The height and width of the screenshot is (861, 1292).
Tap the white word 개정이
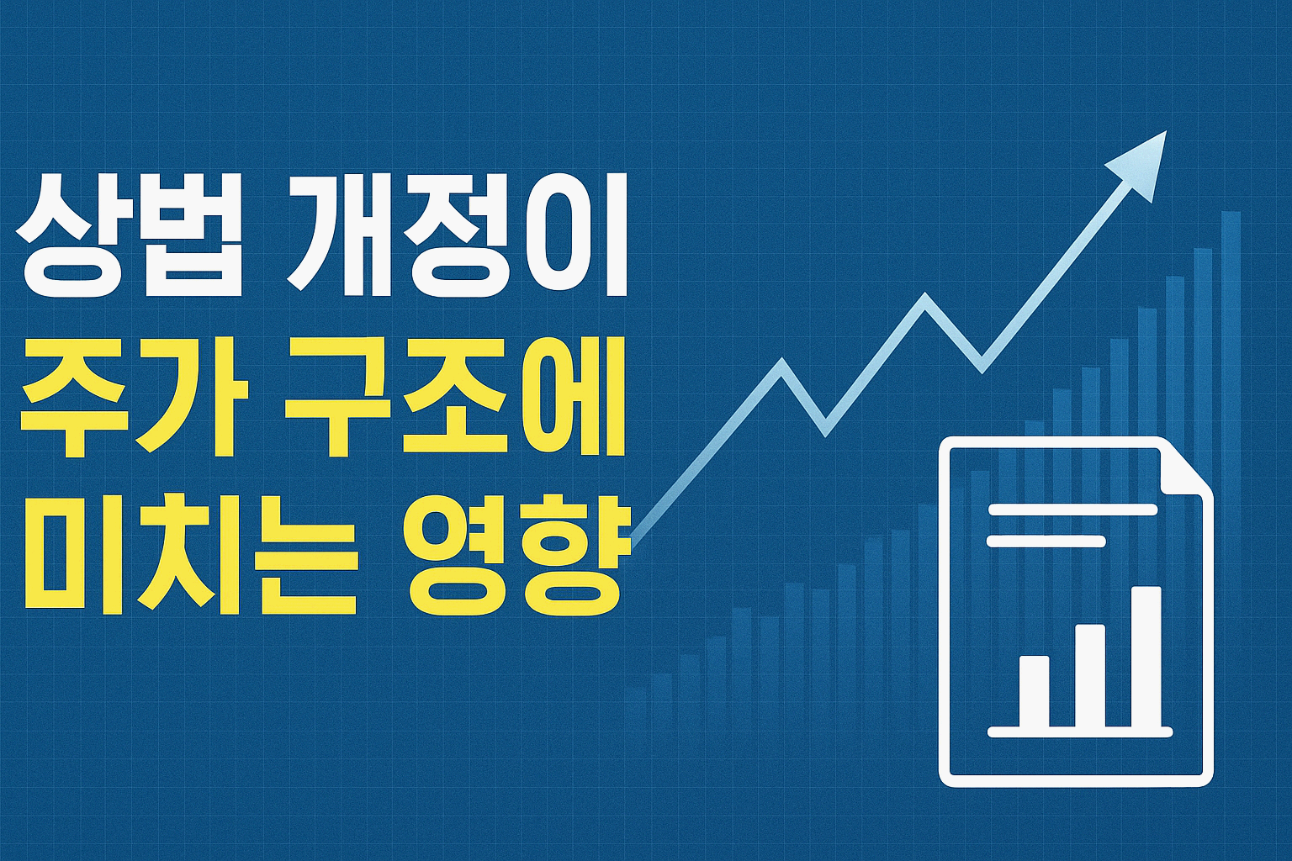[x=458, y=236]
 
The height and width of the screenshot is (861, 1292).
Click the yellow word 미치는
[x=189, y=553]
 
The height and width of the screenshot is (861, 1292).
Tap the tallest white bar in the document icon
[x=1145, y=657]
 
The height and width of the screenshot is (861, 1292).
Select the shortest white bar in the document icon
[x=1034, y=691]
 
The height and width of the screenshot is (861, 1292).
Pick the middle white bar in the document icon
[x=1090, y=676]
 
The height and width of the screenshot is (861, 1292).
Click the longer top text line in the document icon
[x=1072, y=509]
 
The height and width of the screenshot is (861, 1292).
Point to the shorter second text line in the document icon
[x=1046, y=541]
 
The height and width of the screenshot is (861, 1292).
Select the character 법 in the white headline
[x=193, y=236]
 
